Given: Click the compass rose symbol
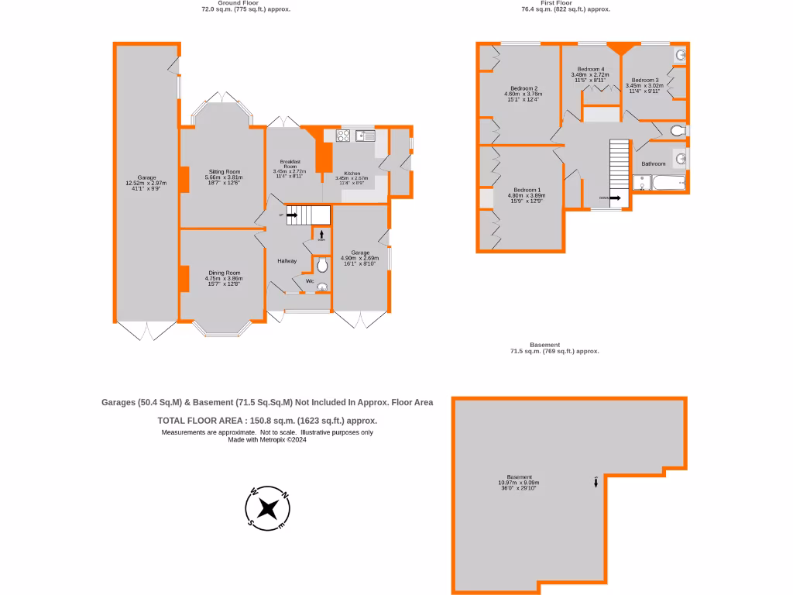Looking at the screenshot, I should [268, 508].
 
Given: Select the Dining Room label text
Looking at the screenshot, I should [223, 273].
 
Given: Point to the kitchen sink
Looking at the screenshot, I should [365, 136].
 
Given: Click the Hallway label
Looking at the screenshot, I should [287, 261].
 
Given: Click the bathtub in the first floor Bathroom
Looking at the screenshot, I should [668, 182].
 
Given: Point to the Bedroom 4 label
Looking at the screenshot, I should [591, 70].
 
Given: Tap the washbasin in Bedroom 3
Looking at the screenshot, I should [680, 55].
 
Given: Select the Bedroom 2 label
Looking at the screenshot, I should [524, 88].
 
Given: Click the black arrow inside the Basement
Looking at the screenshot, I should [596, 482].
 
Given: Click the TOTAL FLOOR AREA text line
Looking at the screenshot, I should [267, 420].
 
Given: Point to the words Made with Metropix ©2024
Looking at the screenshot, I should [267, 439].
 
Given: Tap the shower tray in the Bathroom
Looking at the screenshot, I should [642, 182].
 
